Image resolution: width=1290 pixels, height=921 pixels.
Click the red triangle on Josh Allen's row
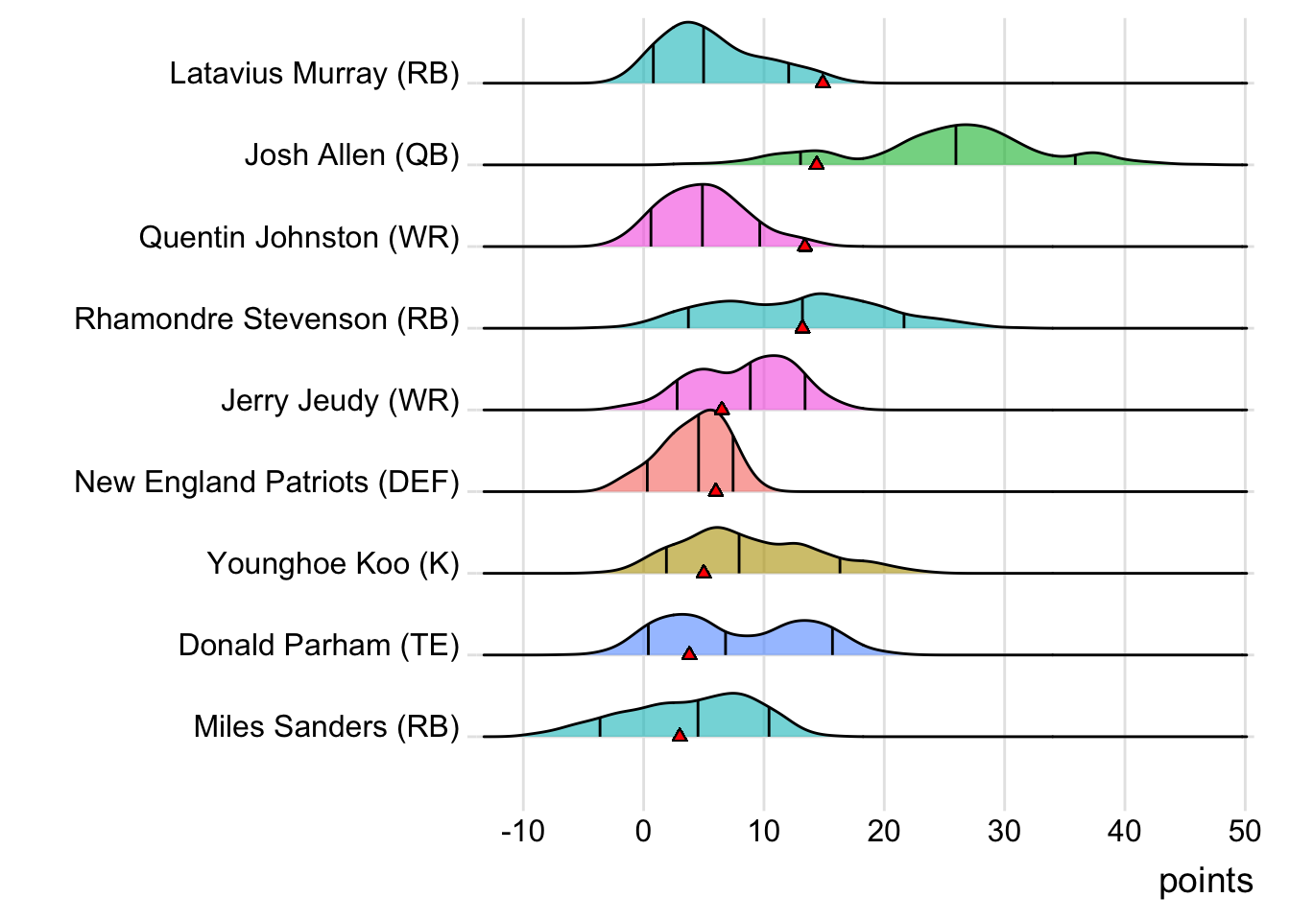click(816, 164)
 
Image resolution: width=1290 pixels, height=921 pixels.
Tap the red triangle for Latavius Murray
click(823, 83)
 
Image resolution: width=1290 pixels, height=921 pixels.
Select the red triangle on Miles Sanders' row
click(680, 736)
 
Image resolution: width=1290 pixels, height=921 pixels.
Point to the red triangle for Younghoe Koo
click(704, 573)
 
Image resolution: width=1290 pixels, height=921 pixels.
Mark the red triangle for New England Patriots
click(715, 490)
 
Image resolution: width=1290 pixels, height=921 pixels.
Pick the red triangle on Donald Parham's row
click(689, 654)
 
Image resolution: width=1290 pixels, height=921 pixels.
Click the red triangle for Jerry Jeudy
click(722, 409)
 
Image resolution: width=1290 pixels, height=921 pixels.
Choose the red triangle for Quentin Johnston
click(804, 246)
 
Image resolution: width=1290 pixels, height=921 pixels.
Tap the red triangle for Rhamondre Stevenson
click(802, 327)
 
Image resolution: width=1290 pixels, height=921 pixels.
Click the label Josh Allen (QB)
click(351, 155)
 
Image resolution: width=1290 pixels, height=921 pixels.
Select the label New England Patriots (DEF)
click(267, 482)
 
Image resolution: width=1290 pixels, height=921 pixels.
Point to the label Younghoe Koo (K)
click(333, 563)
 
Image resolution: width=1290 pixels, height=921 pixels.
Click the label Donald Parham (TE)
click(319, 645)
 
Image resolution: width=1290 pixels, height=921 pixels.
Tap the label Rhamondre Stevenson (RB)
click(267, 319)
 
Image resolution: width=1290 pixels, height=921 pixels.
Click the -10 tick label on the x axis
click(522, 831)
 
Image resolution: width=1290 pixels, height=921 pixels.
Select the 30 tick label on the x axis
click(1004, 831)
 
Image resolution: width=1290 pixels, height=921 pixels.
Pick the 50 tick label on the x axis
click(1245, 831)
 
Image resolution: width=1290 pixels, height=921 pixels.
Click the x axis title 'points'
click(1206, 881)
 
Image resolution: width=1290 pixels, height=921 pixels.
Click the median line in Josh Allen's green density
click(956, 145)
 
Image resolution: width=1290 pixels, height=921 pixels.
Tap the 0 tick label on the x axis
click(643, 831)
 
